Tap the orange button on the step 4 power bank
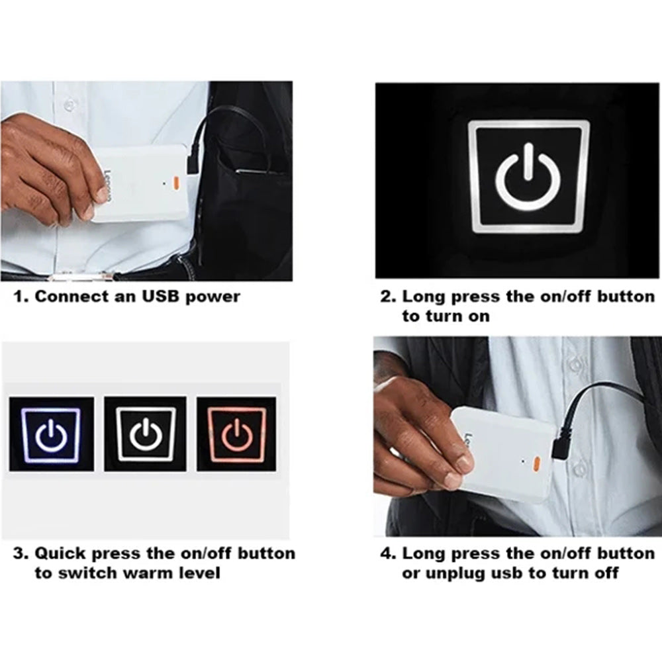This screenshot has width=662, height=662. tap(537, 463)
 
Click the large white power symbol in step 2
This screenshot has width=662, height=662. tap(528, 177)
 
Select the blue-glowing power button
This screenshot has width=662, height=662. tap(52, 434)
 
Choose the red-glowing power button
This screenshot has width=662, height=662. tap(237, 434)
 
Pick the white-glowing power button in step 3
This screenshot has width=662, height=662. tap(146, 434)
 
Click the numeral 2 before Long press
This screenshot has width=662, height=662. tap(386, 297)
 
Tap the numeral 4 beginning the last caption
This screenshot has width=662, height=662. tap(386, 553)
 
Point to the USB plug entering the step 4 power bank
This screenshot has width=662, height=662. tap(560, 446)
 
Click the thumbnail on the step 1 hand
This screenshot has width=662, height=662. tap(101, 194)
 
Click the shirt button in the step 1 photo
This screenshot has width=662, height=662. tap(69, 104)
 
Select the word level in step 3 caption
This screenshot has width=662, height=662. tap(200, 573)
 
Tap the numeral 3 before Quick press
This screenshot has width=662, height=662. tap(19, 553)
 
